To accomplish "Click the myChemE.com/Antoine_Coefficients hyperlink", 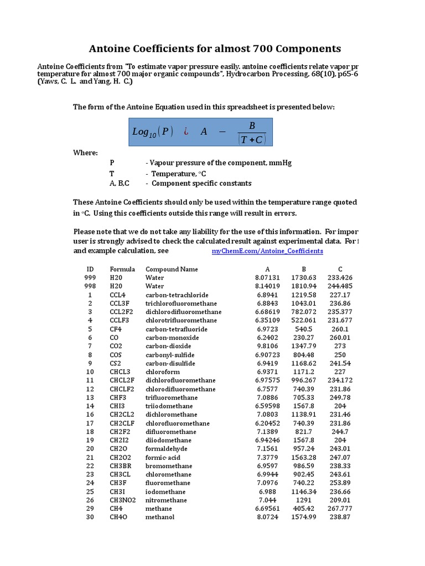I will pos(267,251).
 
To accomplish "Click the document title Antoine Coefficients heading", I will pos(215,48).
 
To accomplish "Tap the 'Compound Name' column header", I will pos(172,269).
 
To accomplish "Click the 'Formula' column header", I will pos(122,269).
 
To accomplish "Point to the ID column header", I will pos(90,269).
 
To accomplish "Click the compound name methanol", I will pos(160,517).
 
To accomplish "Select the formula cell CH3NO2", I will pos(121,500).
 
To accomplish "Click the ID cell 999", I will pos(90,277).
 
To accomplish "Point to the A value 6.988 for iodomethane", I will pos(268,491).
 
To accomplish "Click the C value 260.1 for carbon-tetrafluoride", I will pos(340,329).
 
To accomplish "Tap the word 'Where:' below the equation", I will pos(86,153).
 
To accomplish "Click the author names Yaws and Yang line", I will pos(85,82).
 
